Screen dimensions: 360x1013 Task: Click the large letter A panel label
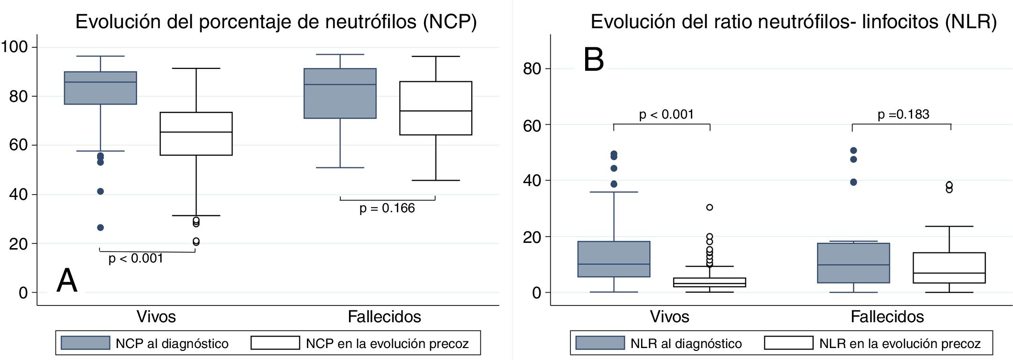point(67,280)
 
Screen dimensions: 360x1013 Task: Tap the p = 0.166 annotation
point(387,208)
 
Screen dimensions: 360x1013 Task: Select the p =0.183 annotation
point(903,114)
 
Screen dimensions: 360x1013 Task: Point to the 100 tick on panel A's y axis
point(14,47)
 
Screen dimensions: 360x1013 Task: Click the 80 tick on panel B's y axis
point(532,69)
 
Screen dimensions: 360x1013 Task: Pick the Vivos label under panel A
point(156,316)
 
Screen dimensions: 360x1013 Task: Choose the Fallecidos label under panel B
point(887,316)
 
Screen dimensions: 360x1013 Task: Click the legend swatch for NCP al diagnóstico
point(86,343)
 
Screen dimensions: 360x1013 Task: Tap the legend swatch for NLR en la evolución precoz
point(788,343)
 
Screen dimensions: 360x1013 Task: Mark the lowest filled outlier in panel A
point(100,228)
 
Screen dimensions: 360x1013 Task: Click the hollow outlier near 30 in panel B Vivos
point(709,207)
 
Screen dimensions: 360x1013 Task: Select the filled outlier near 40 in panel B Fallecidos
point(853,182)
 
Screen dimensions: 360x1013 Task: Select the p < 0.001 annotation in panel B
point(666,114)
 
